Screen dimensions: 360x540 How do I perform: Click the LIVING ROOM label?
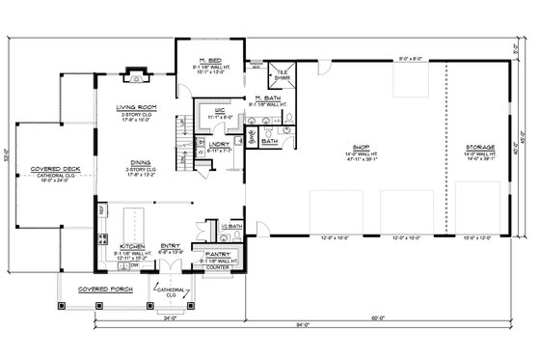136,108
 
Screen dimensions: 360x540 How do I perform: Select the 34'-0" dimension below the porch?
170,313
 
